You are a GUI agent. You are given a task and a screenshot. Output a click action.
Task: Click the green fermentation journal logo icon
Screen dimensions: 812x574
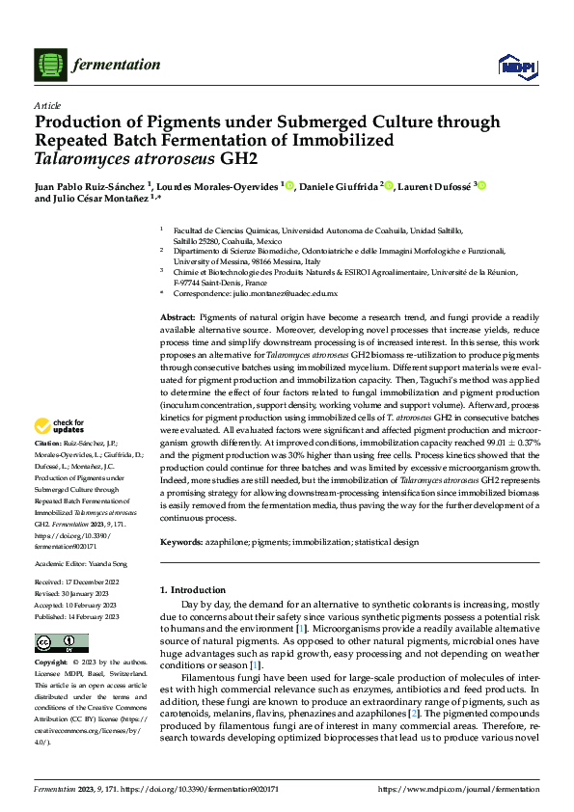coord(48,66)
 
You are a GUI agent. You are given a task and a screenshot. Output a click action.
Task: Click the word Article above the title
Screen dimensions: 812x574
coord(47,105)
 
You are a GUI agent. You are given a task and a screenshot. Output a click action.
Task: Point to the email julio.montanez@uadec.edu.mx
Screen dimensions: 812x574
coord(288,293)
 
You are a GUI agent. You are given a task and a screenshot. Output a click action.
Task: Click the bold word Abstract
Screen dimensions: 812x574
coord(177,317)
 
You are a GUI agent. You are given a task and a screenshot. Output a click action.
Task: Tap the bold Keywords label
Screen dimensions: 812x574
coord(182,543)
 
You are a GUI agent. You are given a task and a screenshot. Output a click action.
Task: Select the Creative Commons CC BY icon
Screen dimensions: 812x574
coord(61,643)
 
